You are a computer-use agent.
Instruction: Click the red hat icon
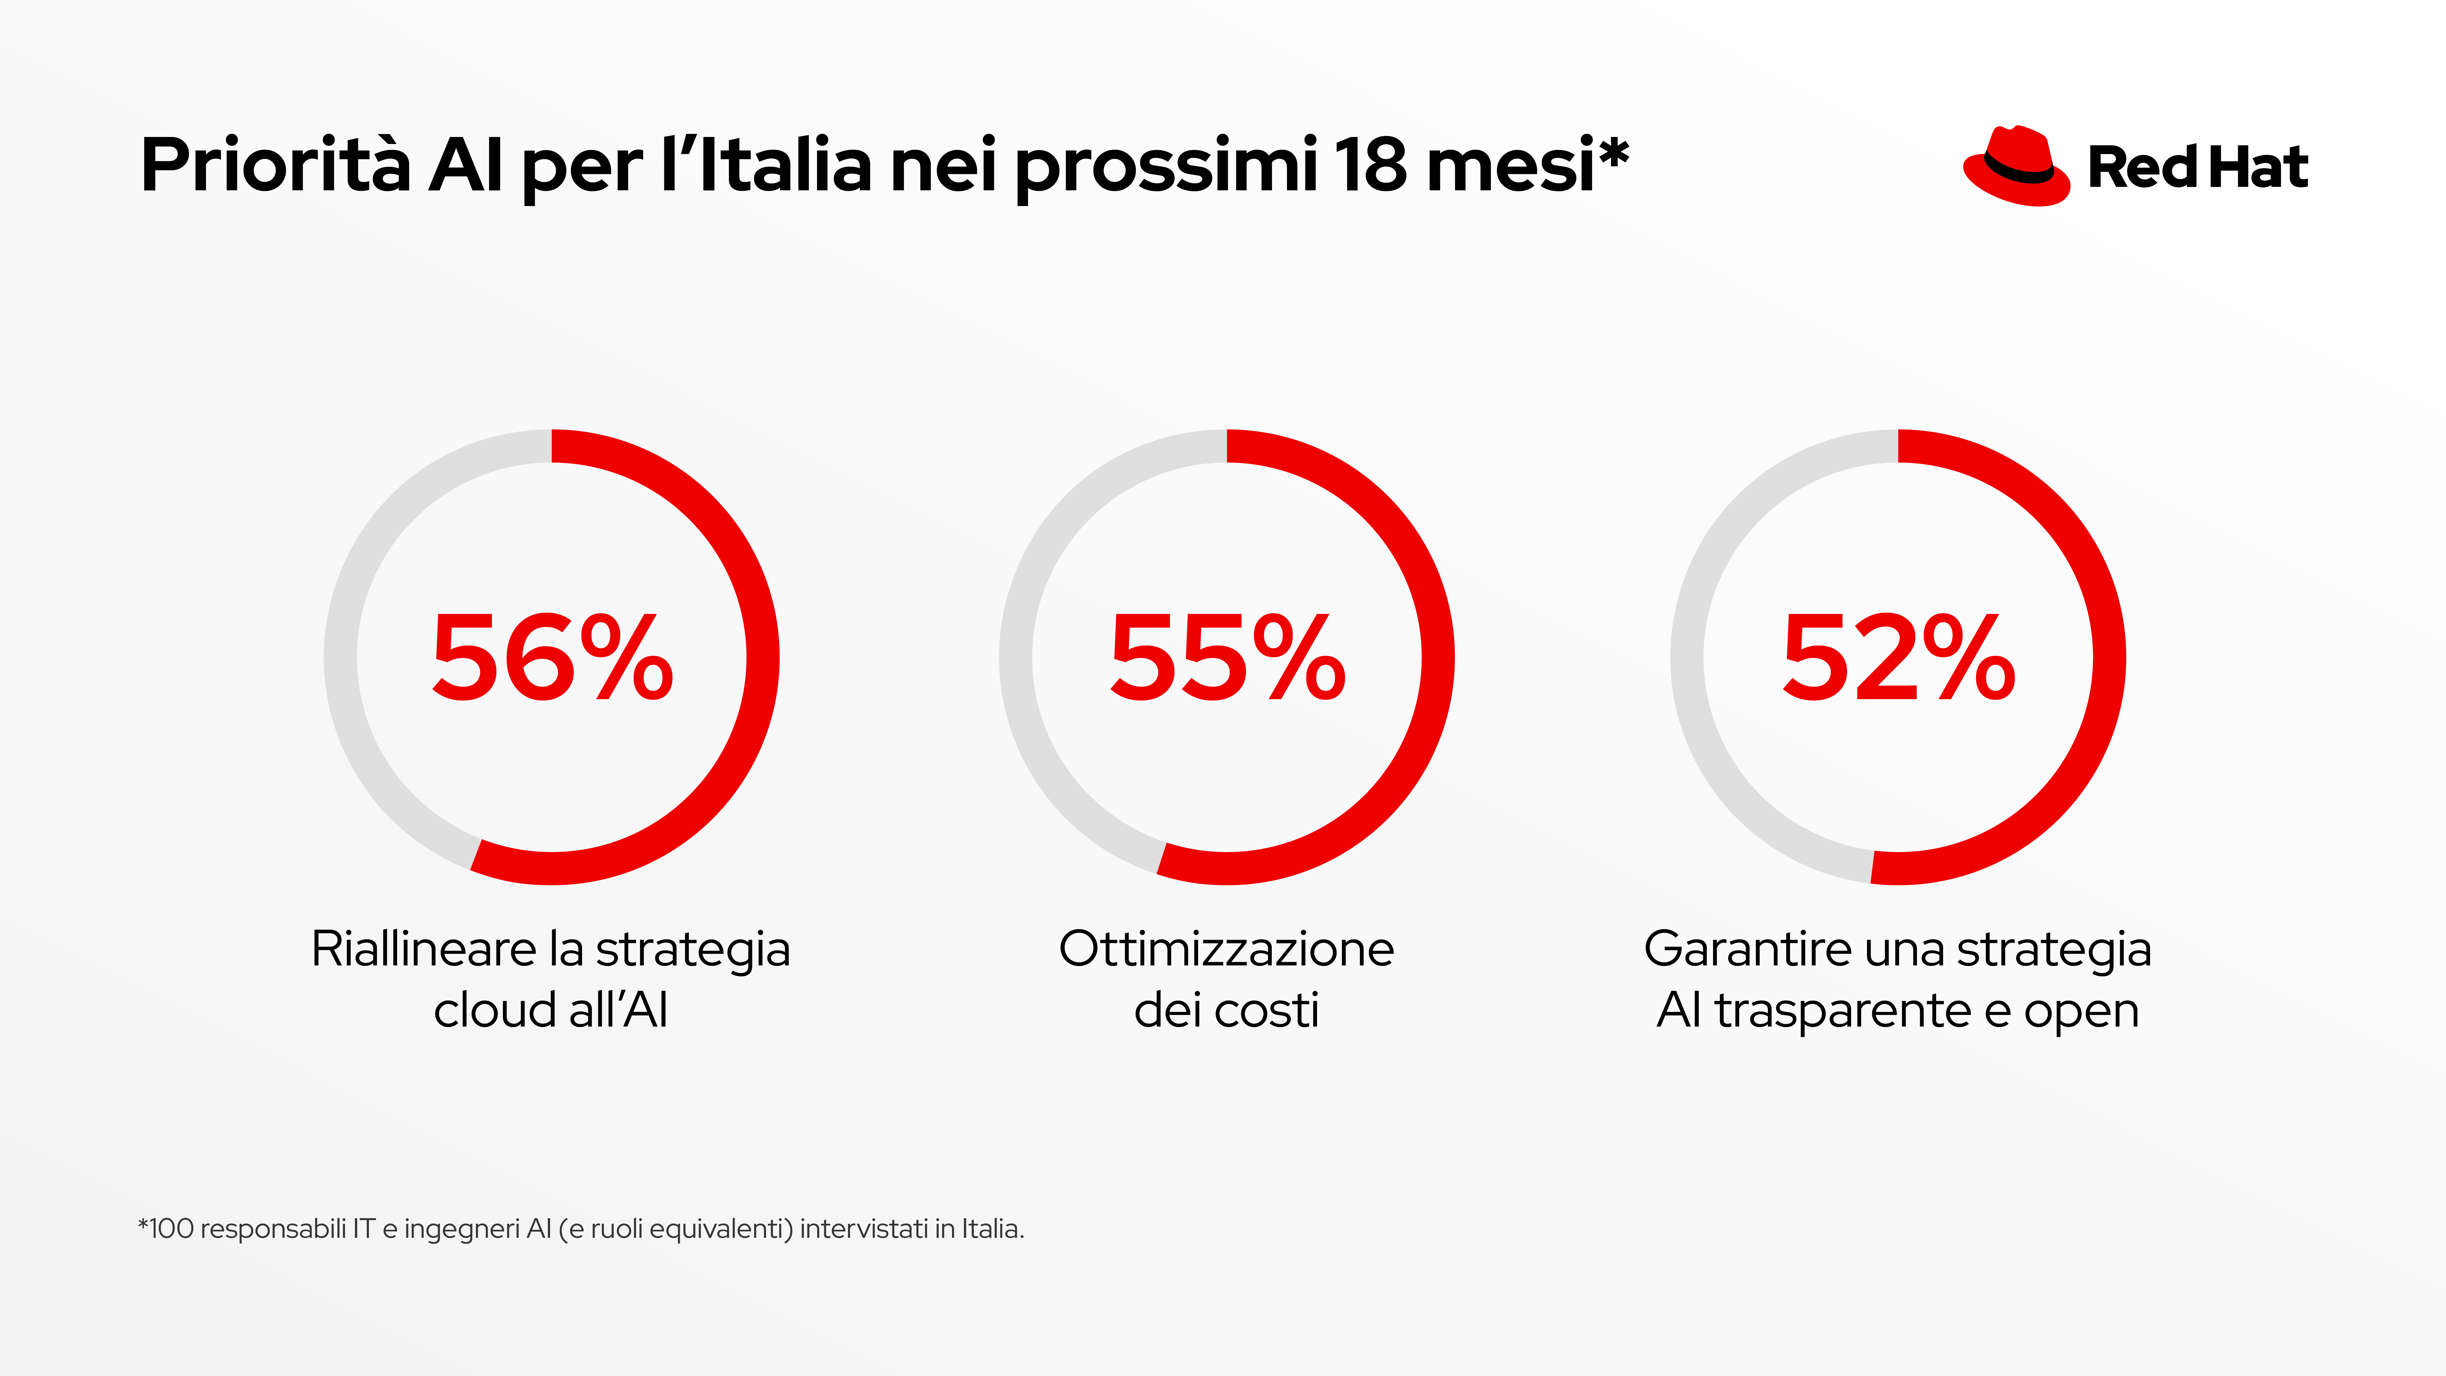[x=2015, y=166]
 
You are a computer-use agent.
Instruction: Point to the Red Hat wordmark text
[x=2197, y=168]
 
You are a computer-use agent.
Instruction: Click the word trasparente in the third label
[x=1842, y=1010]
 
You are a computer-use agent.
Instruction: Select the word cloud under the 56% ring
[x=494, y=1010]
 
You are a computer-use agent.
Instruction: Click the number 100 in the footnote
[x=172, y=1229]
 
